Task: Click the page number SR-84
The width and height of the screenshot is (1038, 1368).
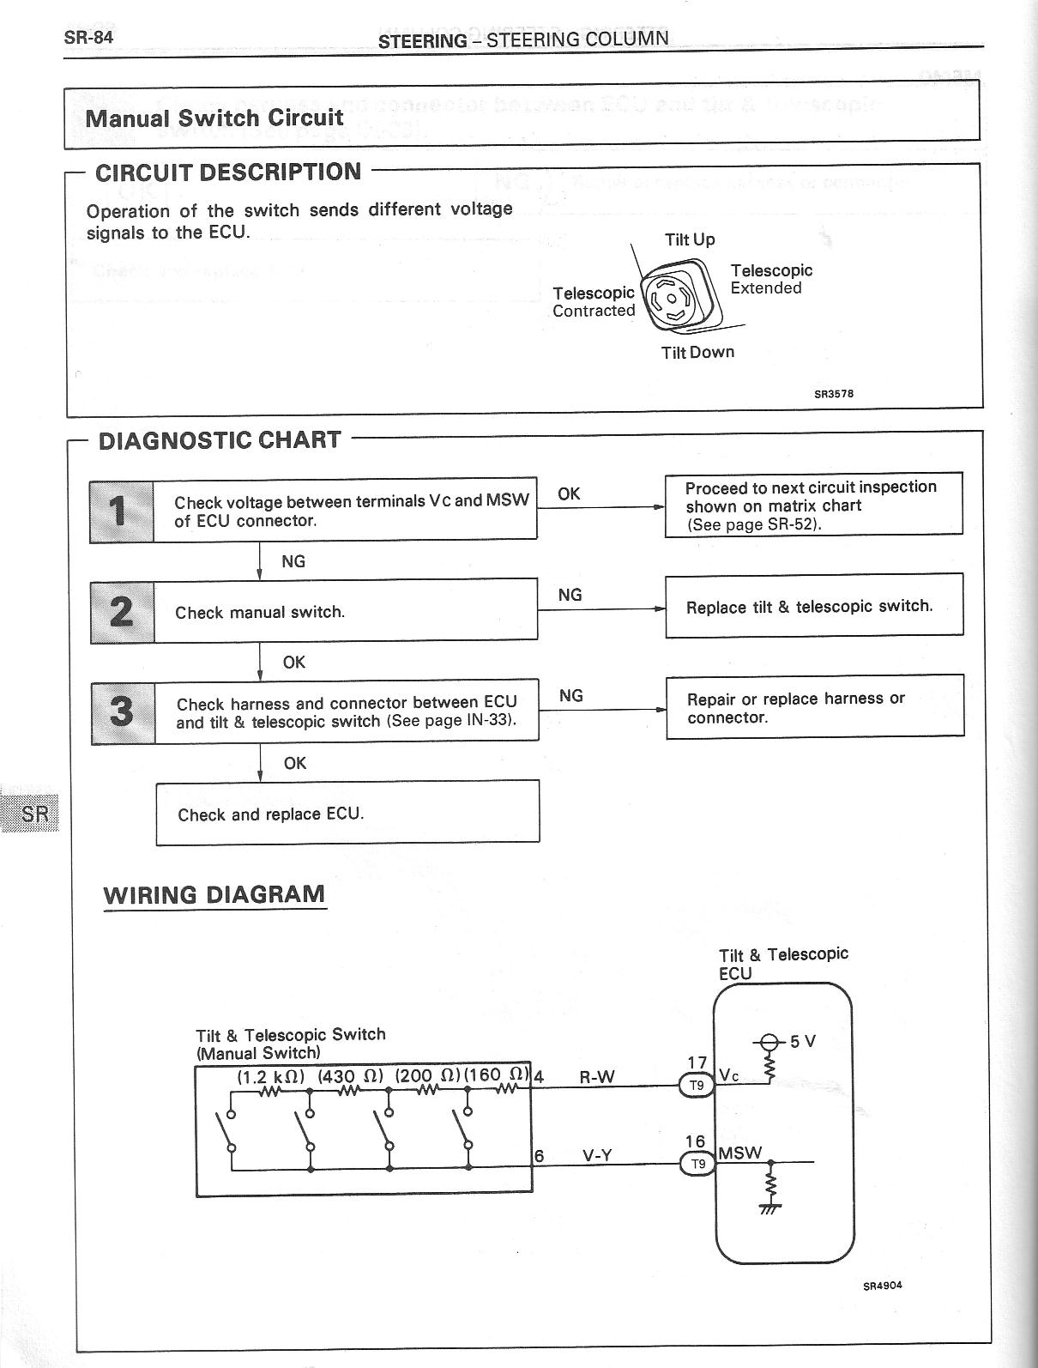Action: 88,37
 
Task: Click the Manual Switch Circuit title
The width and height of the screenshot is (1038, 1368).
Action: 214,118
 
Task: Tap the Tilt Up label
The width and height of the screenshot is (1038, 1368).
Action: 690,239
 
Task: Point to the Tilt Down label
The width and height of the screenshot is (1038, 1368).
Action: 697,352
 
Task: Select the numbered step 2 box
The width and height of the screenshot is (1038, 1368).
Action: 123,612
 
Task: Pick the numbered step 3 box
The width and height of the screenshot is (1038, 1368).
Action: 123,712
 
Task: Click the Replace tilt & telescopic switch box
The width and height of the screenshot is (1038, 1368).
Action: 813,606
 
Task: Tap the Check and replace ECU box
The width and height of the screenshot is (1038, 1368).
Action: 347,812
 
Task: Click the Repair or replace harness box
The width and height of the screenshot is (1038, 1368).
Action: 815,706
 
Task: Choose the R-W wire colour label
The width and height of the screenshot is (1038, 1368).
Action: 597,1077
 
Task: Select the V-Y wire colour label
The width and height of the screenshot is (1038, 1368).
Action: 597,1155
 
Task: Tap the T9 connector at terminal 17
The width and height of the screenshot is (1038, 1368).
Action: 697,1086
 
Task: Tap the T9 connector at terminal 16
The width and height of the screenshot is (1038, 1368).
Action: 697,1164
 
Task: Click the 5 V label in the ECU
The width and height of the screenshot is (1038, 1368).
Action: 803,1042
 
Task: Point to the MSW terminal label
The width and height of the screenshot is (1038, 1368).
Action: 739,1153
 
